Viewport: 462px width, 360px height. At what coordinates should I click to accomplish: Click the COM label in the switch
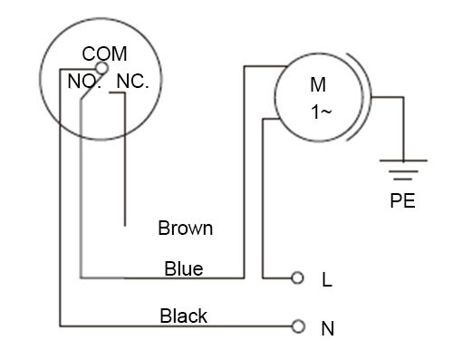point(103,55)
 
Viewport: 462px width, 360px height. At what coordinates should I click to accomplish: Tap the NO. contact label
point(87,81)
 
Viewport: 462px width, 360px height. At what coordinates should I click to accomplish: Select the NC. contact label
point(132,81)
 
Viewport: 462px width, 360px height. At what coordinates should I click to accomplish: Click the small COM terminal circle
point(102,68)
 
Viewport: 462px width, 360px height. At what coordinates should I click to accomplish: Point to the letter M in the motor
point(318,85)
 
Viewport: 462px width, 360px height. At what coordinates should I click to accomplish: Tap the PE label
point(402,201)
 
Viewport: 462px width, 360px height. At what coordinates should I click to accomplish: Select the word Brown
point(185,228)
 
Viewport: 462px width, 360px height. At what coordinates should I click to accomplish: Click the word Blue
point(183,268)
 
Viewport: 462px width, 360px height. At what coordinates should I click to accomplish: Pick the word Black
point(183,316)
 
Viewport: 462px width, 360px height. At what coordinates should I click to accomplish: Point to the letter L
point(327,280)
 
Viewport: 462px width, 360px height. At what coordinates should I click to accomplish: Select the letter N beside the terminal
point(328,328)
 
